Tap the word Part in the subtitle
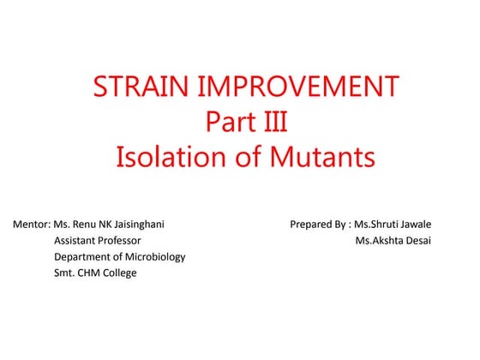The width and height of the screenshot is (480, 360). click(x=225, y=123)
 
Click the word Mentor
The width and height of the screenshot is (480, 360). click(x=31, y=225)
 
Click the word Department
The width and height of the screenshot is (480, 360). click(x=84, y=257)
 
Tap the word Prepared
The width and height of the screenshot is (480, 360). click(x=313, y=225)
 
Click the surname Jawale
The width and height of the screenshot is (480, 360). click(x=411, y=225)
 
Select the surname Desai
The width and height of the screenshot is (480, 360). click(x=417, y=241)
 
